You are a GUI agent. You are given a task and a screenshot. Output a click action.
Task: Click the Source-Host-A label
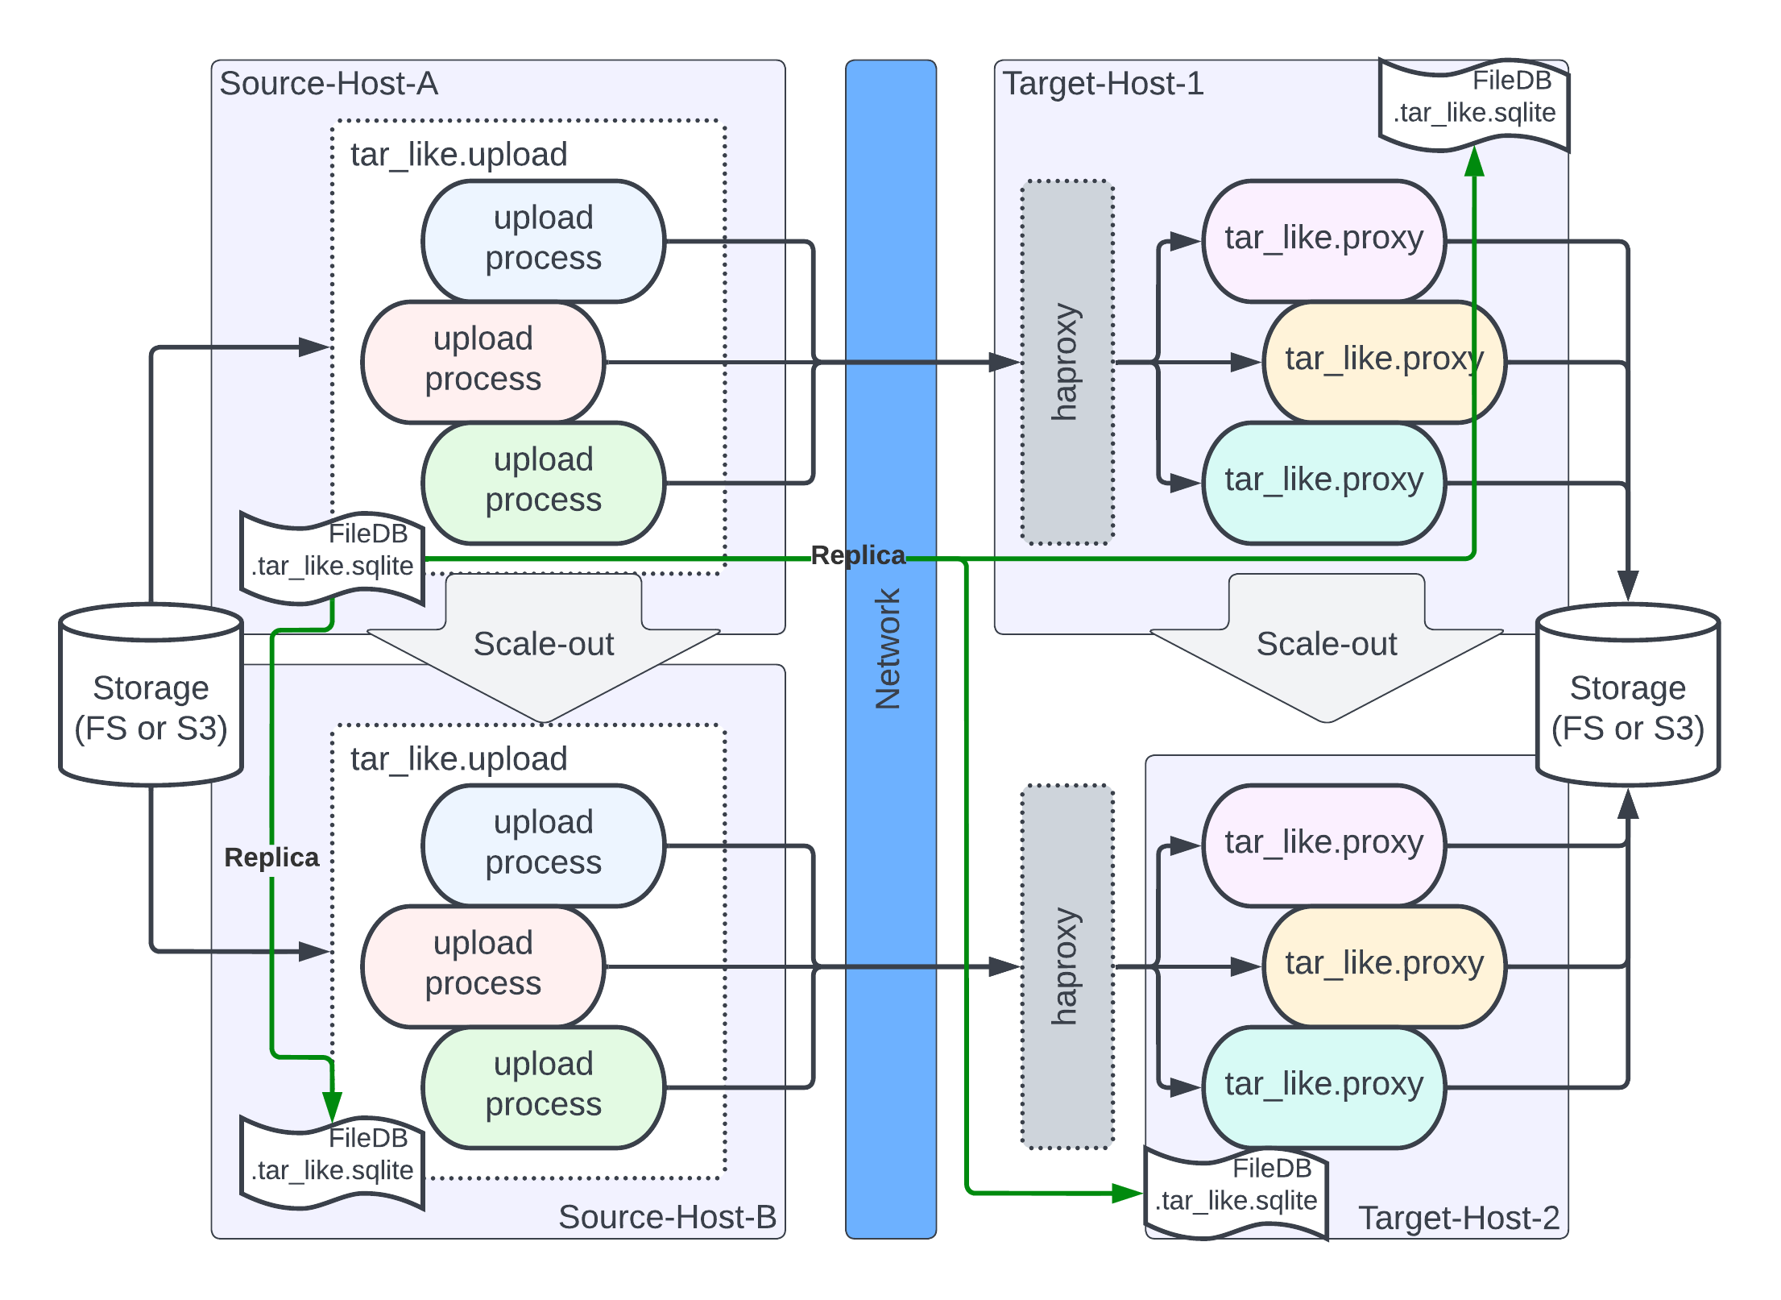click(x=329, y=84)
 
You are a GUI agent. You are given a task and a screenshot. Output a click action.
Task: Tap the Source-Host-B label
click(x=667, y=1217)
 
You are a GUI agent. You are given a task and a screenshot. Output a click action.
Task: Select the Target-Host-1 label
click(x=1103, y=84)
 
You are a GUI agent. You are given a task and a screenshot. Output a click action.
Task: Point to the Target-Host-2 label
click(x=1459, y=1218)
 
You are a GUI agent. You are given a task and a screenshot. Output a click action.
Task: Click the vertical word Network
click(x=888, y=649)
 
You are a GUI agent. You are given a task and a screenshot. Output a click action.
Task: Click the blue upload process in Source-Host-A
click(x=544, y=241)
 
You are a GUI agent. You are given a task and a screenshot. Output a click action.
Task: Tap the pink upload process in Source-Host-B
click(x=483, y=966)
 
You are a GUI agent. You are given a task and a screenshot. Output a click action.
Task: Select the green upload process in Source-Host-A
click(x=544, y=483)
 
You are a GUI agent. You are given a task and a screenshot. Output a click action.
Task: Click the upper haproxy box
click(x=1067, y=362)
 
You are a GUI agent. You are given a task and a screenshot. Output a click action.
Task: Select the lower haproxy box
click(x=1067, y=966)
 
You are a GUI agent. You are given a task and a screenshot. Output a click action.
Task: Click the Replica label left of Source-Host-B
click(x=271, y=858)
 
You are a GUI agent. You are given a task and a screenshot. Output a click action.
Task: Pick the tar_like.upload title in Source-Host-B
click(x=459, y=759)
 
